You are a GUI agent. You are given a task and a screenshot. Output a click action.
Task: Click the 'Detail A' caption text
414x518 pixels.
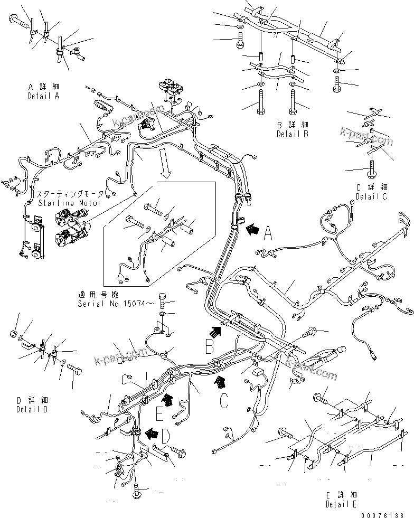[x=43, y=96]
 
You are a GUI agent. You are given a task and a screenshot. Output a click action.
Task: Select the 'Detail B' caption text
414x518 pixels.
[x=292, y=134]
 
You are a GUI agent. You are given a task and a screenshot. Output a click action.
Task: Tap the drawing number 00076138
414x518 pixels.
[x=383, y=514]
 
